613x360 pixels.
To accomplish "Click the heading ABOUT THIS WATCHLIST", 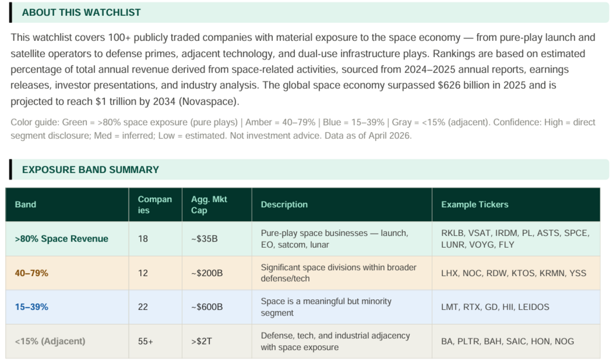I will (x=81, y=13).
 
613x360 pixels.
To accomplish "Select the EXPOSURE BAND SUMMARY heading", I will (x=90, y=170).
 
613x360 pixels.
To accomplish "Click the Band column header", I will (x=26, y=204).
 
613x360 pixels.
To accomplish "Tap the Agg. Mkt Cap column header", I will (x=209, y=204).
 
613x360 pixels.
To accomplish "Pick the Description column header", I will (x=284, y=204).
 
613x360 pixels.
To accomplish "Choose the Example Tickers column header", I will (x=475, y=204).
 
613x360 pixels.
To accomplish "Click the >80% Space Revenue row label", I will (x=61, y=238).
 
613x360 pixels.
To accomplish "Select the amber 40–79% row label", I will (x=32, y=273).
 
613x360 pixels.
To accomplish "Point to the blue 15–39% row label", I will (x=32, y=307).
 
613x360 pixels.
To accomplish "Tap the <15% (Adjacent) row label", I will (x=50, y=341).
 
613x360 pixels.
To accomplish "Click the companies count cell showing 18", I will (x=143, y=238).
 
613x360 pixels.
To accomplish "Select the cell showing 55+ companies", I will (x=146, y=341).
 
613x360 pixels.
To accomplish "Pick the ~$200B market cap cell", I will (x=207, y=273).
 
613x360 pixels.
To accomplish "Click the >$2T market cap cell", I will (x=203, y=341).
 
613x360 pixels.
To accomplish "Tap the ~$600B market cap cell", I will (x=207, y=307).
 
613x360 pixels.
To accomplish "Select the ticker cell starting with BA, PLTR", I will (x=507, y=341).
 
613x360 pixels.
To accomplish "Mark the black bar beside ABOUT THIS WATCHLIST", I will (x=10, y=12).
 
